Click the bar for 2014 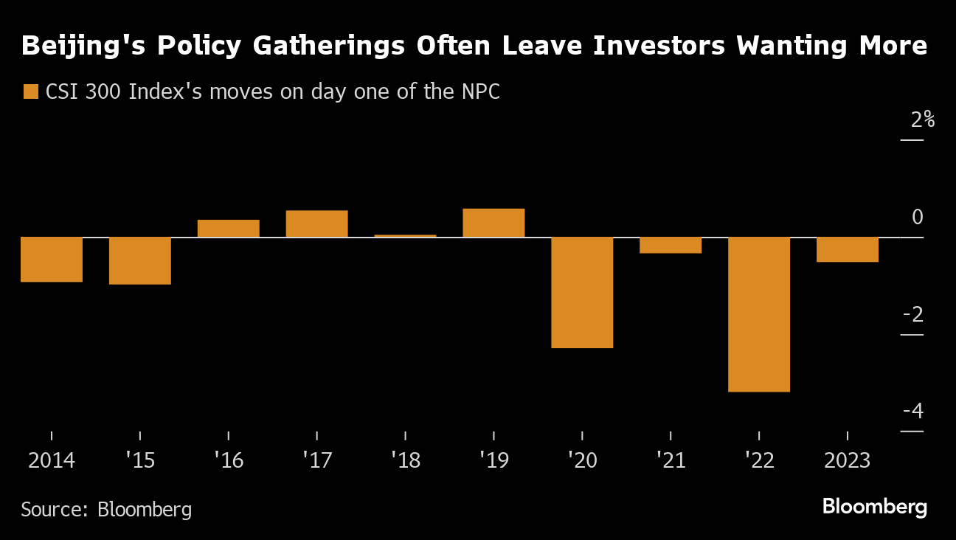[52, 259]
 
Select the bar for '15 [140, 260]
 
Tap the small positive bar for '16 [229, 229]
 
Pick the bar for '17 [316, 224]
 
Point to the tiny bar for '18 [405, 235]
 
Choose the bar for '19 [493, 223]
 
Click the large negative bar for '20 [582, 292]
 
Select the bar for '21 [671, 245]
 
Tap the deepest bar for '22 [759, 314]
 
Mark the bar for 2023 [847, 249]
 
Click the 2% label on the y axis [921, 120]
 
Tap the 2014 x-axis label [52, 461]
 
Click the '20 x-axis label [582, 461]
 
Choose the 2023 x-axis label [847, 461]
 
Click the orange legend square [31, 92]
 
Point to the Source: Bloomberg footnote [106, 509]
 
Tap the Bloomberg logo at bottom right [874, 508]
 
